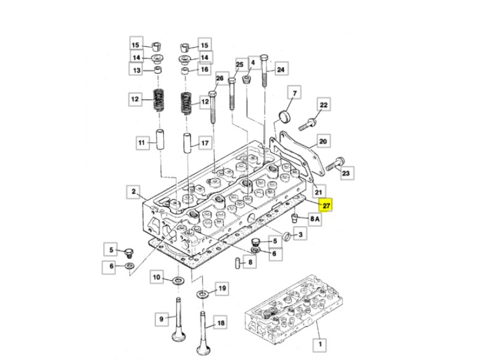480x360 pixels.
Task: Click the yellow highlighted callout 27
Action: click(326, 205)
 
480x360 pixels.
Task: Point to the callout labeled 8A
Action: click(315, 220)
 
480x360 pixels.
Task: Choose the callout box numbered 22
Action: click(323, 105)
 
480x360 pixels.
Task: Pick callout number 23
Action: click(347, 173)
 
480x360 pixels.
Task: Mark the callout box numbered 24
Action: click(281, 70)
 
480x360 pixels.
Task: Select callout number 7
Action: click(295, 92)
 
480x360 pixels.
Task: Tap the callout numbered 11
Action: click(142, 143)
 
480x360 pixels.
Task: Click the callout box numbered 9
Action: click(161, 319)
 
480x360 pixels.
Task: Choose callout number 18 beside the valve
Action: click(221, 323)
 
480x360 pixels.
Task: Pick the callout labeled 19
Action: click(222, 289)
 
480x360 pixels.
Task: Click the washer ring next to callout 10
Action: click(178, 281)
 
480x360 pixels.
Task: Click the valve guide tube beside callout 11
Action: click(161, 139)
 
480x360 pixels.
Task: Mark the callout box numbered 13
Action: click(136, 70)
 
